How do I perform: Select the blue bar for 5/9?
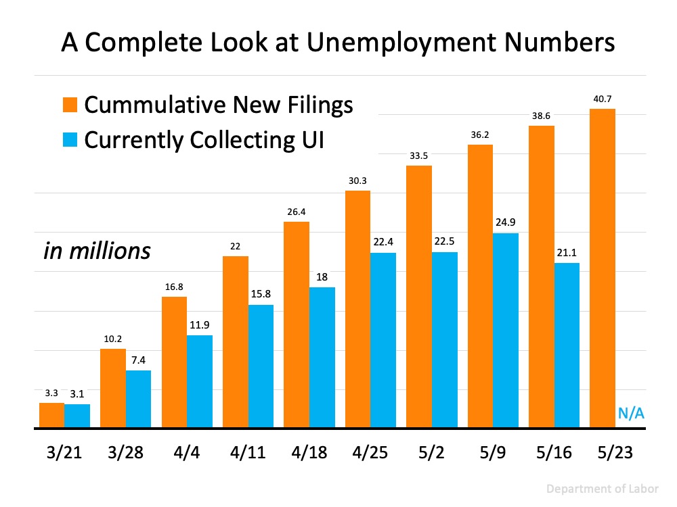(505, 331)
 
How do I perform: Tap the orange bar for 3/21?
(51, 415)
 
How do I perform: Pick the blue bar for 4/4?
(200, 381)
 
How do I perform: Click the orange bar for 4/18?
(297, 324)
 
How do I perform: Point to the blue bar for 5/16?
(567, 345)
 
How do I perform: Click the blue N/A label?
(630, 414)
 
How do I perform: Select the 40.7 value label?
(603, 99)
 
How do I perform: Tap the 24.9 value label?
(506, 223)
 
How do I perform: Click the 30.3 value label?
(357, 180)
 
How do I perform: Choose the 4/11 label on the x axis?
(248, 451)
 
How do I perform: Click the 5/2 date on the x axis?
(431, 451)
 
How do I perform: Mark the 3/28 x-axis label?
(125, 451)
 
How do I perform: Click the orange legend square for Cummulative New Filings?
(71, 105)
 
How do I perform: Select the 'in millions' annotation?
(97, 251)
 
